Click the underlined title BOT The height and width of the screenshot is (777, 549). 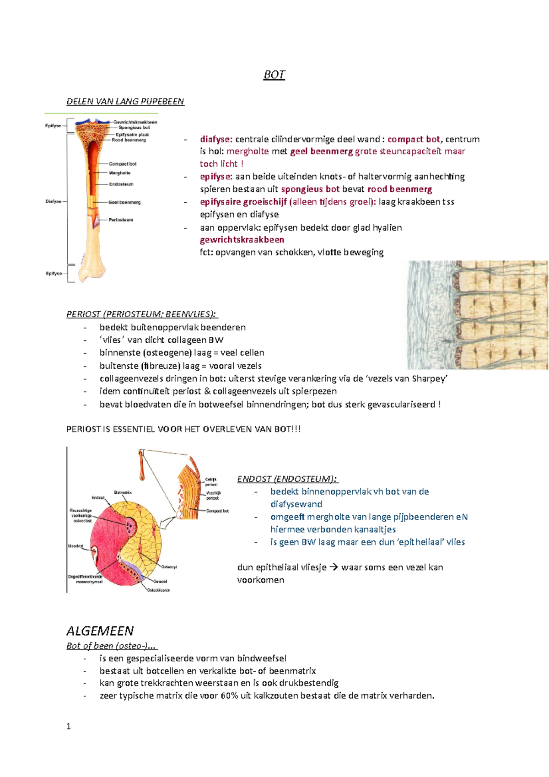pyautogui.click(x=274, y=75)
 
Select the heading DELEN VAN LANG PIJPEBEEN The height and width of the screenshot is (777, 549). pyautogui.click(x=125, y=102)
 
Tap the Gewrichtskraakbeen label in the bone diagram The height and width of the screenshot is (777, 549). pyautogui.click(x=135, y=122)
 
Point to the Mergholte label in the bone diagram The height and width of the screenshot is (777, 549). pyautogui.click(x=120, y=173)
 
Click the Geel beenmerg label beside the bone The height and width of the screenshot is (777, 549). pyautogui.click(x=124, y=202)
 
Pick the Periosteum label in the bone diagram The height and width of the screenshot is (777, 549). pyautogui.click(x=121, y=220)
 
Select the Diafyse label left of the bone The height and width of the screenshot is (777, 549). pyautogui.click(x=54, y=201)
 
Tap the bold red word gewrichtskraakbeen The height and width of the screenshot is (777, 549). pyautogui.click(x=242, y=240)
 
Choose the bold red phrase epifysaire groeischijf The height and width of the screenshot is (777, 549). pyautogui.click(x=243, y=202)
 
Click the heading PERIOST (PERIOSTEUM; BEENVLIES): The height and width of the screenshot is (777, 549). pyautogui.click(x=142, y=314)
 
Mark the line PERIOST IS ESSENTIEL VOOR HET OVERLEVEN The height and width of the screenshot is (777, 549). pyautogui.click(x=183, y=429)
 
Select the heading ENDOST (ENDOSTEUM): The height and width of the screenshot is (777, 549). pyautogui.click(x=287, y=479)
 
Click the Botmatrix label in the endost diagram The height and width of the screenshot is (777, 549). pyautogui.click(x=123, y=492)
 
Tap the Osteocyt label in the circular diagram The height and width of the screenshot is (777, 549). pyautogui.click(x=169, y=567)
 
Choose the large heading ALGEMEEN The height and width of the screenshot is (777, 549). pyautogui.click(x=100, y=631)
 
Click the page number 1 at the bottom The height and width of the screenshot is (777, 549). pyautogui.click(x=69, y=727)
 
